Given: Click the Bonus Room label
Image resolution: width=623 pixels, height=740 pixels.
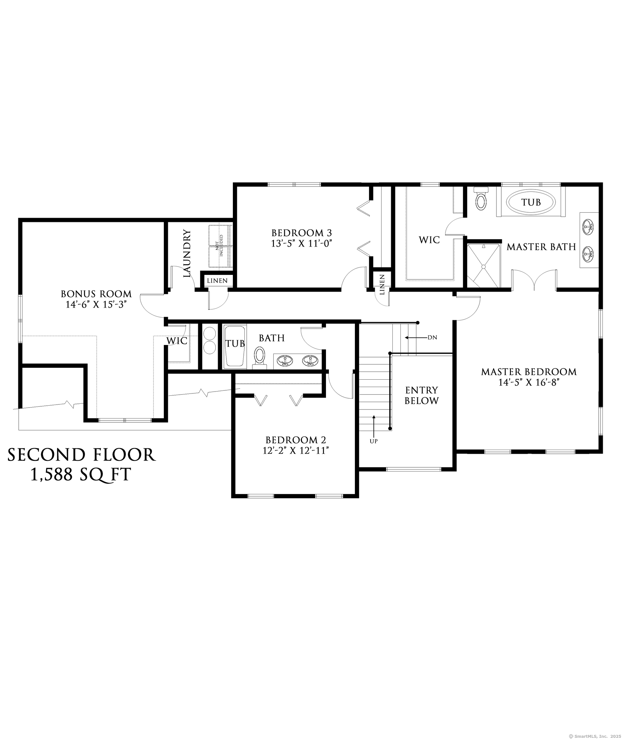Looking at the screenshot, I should click(x=96, y=294).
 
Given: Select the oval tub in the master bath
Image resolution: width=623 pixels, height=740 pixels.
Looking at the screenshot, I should click(x=531, y=202).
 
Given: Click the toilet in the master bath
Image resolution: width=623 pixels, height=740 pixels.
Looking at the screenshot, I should click(x=481, y=200).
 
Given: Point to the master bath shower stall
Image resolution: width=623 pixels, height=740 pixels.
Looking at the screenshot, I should click(x=483, y=265).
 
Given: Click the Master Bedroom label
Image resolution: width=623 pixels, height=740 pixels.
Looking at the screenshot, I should click(x=529, y=372).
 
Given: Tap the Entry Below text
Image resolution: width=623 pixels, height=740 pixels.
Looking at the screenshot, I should click(x=421, y=395).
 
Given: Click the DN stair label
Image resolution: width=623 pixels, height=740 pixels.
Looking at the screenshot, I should click(x=432, y=337).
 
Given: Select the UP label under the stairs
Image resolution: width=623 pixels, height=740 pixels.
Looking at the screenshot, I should click(x=374, y=441).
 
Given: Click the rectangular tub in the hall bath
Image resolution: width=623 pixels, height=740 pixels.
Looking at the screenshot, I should click(x=234, y=346).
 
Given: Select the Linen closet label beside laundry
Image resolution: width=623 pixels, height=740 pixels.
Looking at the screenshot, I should click(x=217, y=281).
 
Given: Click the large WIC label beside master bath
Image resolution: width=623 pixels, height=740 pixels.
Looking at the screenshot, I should click(x=429, y=240).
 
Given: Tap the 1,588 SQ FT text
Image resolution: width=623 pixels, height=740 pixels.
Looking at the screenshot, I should click(x=81, y=475).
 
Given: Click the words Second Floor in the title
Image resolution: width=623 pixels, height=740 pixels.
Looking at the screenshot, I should click(x=82, y=455).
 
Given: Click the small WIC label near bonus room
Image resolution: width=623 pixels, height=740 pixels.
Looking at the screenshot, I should click(x=177, y=341).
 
